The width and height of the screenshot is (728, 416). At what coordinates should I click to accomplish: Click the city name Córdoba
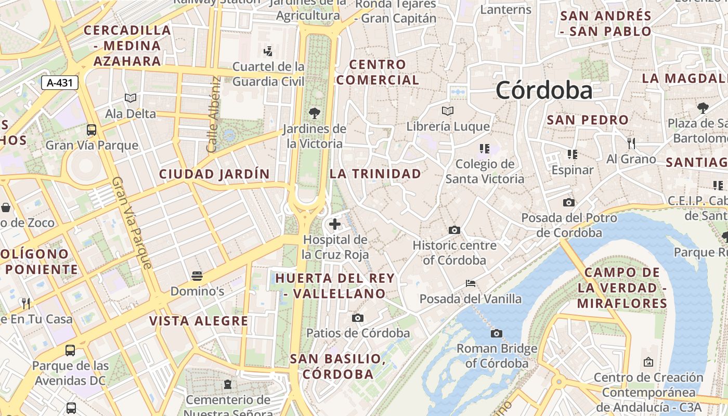tap(544, 90)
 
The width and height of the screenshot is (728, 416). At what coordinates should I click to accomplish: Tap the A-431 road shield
tap(59, 82)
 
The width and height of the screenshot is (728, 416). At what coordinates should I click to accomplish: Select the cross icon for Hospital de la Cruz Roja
tap(335, 224)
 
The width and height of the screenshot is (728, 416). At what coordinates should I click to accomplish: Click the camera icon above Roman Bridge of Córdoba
tap(497, 333)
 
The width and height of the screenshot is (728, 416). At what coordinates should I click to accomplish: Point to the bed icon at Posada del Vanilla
tap(471, 283)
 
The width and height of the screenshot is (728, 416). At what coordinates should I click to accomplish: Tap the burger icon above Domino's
tap(197, 276)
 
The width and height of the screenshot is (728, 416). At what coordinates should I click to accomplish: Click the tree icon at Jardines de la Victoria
tap(314, 113)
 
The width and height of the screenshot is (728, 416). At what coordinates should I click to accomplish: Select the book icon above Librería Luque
tap(447, 111)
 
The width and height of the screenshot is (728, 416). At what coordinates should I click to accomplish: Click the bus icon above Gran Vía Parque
tap(92, 129)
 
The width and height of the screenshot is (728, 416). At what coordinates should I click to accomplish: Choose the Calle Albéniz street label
tap(213, 114)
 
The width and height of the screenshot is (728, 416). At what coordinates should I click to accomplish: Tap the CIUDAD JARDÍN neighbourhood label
tap(214, 174)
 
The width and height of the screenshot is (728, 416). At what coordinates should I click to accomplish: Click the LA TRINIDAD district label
tap(375, 174)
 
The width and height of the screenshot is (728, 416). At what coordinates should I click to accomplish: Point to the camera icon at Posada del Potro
tap(569, 202)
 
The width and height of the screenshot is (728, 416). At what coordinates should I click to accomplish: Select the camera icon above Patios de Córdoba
tap(358, 318)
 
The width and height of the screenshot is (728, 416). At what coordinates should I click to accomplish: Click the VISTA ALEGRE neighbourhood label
tap(199, 321)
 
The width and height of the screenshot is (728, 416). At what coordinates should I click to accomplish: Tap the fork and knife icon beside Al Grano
tap(631, 143)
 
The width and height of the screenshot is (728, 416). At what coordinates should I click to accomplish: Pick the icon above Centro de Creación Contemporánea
tap(648, 362)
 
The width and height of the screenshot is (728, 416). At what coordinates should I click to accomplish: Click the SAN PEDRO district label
tap(588, 120)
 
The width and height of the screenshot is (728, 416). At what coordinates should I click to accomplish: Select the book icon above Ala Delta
tap(131, 98)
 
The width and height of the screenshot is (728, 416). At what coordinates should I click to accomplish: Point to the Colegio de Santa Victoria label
tap(485, 172)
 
